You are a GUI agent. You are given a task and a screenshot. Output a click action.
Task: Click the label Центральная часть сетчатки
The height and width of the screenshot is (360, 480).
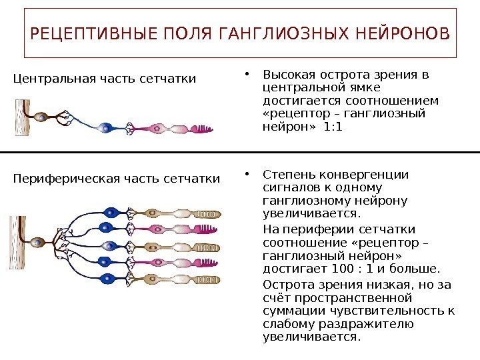tap(105, 79)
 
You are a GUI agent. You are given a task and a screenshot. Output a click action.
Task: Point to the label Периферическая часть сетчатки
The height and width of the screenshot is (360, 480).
tap(117, 179)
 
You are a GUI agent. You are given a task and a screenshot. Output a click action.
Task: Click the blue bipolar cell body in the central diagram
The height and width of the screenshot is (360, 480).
tap(104, 127)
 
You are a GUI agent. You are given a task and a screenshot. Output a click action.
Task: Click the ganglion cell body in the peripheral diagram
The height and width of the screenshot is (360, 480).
tap(39, 241)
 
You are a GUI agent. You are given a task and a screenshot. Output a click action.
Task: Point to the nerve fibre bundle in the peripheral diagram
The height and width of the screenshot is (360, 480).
tap(18, 242)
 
